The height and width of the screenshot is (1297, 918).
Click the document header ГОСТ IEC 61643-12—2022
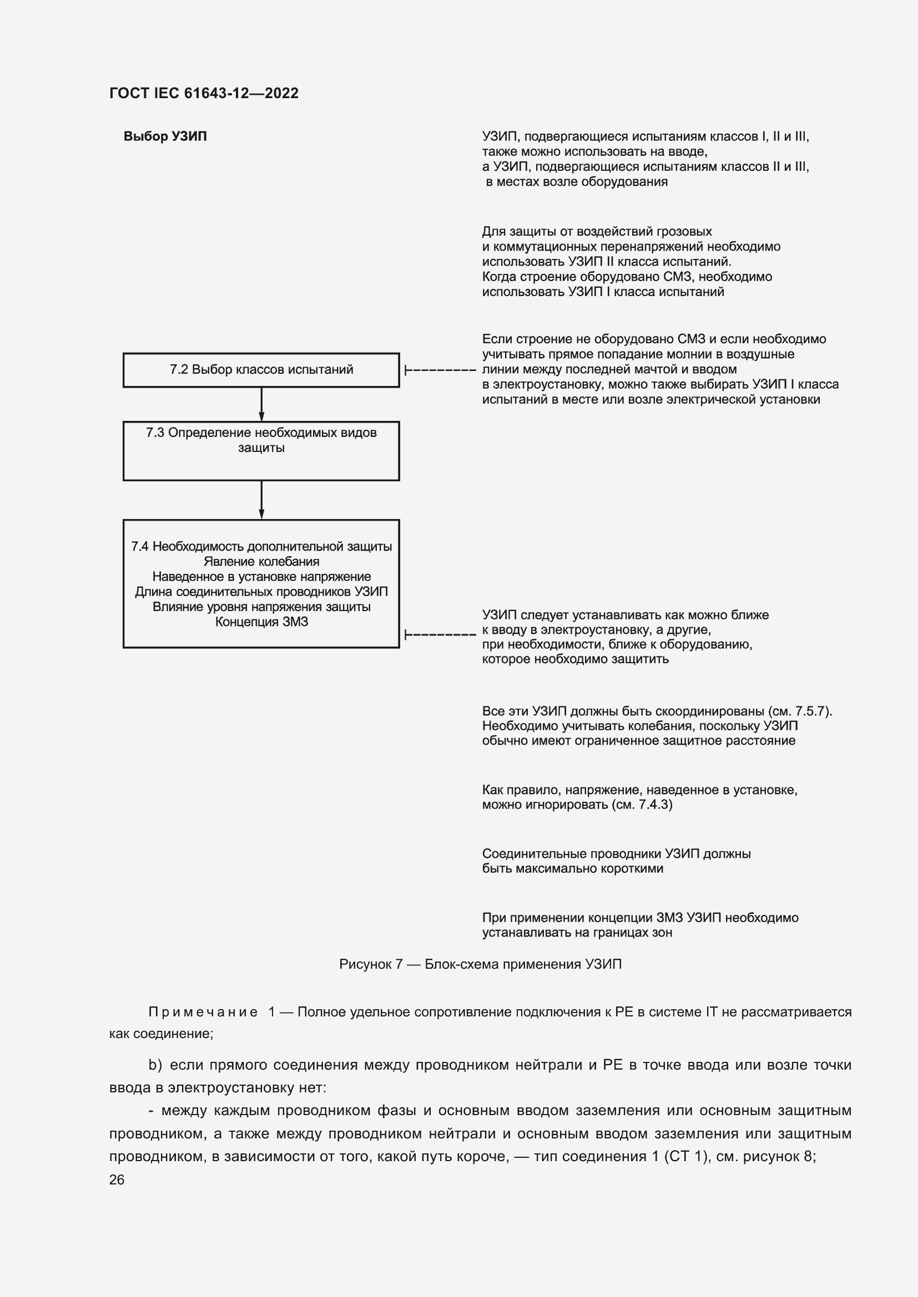click(204, 93)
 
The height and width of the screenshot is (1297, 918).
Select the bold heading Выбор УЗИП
click(165, 137)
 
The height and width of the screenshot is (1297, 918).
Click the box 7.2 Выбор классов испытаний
click(261, 370)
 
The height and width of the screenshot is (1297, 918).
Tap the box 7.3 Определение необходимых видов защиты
click(261, 450)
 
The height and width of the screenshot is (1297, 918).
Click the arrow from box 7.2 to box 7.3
click(261, 404)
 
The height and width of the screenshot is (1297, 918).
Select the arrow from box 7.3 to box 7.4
click(261, 500)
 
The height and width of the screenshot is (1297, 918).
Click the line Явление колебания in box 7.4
click(261, 562)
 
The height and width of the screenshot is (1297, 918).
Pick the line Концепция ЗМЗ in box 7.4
click(261, 622)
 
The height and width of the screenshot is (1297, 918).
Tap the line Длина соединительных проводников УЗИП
click(261, 592)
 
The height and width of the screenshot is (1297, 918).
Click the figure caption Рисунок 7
click(480, 964)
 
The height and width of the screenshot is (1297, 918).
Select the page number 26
click(117, 1179)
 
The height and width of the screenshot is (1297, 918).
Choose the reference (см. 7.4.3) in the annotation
click(642, 805)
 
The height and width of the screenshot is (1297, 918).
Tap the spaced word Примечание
click(203, 1012)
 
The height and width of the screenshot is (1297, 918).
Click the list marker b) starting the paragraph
click(155, 1065)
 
